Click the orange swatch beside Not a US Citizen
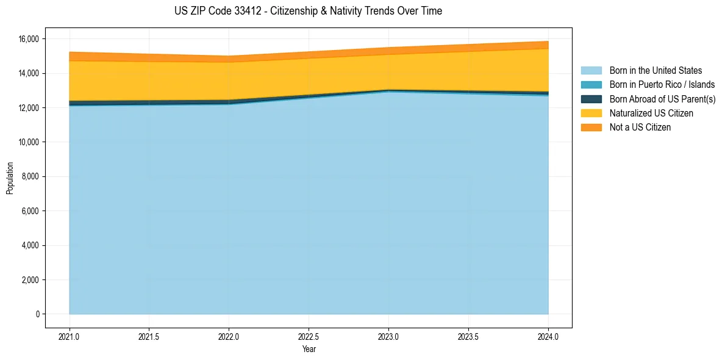(x=591, y=128)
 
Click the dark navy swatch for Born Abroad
(x=591, y=99)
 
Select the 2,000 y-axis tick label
(x=31, y=280)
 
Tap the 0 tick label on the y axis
(x=37, y=314)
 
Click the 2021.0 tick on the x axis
(x=70, y=336)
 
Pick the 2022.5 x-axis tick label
(x=309, y=336)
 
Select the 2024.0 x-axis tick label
(x=548, y=336)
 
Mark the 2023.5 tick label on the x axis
(x=468, y=336)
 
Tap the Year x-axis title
(x=309, y=349)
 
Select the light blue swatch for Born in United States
(x=591, y=71)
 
